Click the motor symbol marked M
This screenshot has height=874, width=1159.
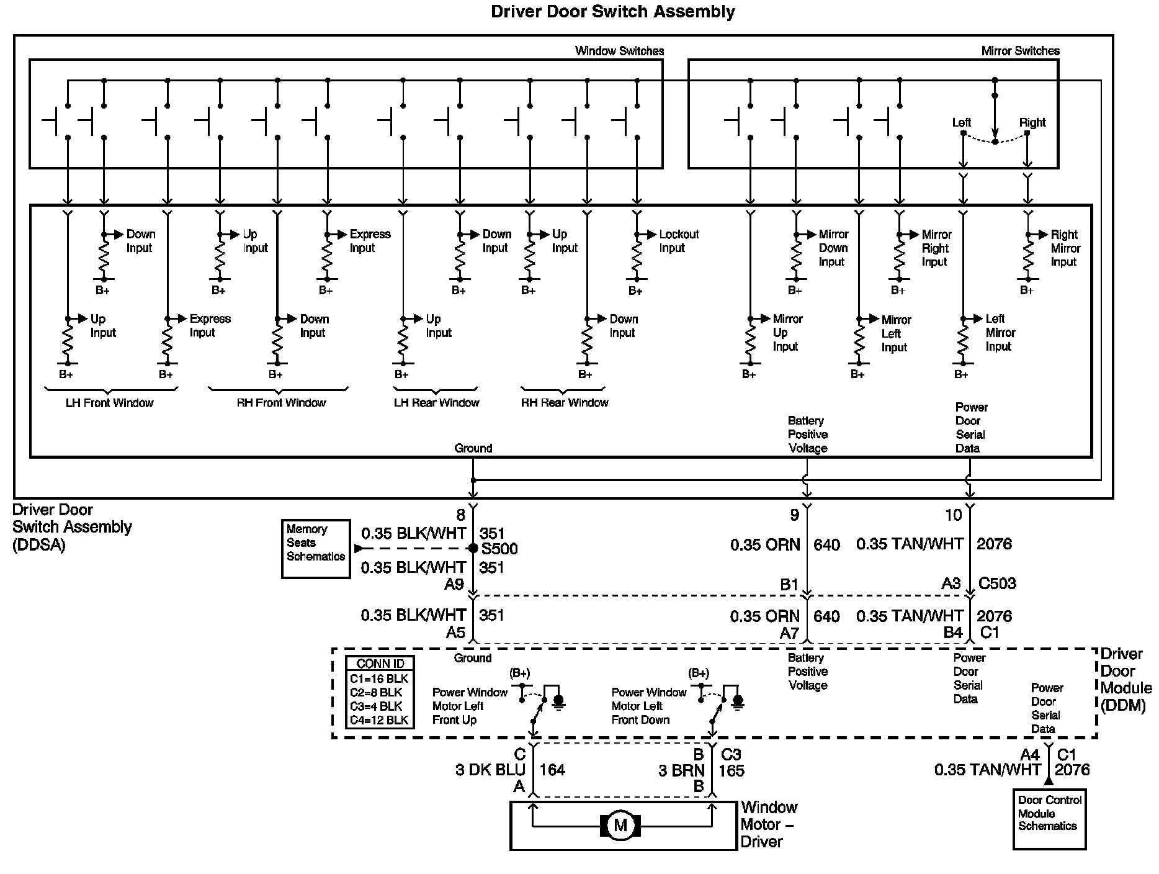620,826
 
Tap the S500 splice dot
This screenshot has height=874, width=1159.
473,548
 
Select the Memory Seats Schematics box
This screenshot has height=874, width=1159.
316,549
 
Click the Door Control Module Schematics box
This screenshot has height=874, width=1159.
1049,819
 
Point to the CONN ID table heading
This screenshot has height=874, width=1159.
380,664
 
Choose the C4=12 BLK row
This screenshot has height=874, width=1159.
379,720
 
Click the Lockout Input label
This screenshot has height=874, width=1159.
679,241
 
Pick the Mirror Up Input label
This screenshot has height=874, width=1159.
787,333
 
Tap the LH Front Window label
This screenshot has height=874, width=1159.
109,403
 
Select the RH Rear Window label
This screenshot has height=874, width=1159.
565,403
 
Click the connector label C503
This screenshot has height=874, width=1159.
997,583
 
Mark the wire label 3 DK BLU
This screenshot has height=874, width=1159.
490,770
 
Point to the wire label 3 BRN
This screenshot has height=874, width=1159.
681,770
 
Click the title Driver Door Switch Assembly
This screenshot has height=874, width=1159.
613,12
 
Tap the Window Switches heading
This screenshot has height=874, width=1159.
619,51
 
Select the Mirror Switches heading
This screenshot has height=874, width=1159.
1021,51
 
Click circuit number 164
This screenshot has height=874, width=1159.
552,770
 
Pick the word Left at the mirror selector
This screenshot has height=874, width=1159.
962,122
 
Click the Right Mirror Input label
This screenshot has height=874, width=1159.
1065,248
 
